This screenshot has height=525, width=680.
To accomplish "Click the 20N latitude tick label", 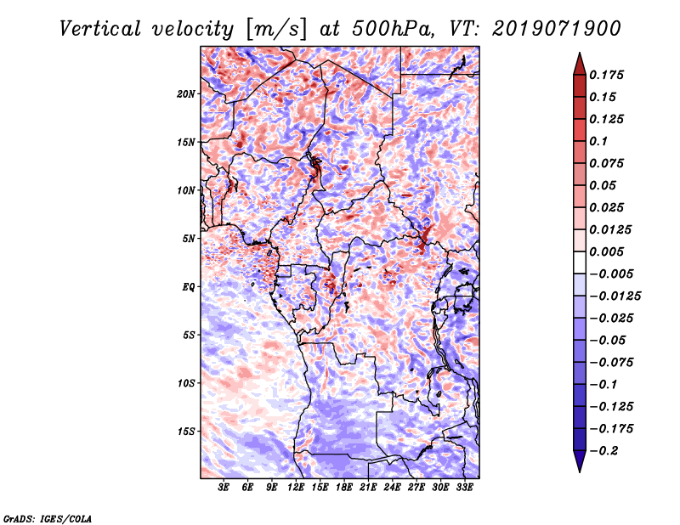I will click(186, 93).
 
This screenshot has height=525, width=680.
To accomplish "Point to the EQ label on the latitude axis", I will click(188, 287).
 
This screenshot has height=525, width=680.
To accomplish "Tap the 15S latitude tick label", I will click(186, 432).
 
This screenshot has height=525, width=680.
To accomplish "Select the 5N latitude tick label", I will click(189, 239).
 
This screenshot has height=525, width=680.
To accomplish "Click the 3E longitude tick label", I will click(224, 488).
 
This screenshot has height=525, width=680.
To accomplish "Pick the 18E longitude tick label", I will click(344, 488).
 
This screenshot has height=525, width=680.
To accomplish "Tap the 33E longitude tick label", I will click(465, 488).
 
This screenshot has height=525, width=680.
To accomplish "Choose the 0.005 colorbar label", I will click(609, 251).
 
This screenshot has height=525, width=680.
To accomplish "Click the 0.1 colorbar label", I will click(600, 141).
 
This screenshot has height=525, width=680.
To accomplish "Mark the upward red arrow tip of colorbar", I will click(579, 58).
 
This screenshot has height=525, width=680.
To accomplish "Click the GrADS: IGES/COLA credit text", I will click(48, 517).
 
